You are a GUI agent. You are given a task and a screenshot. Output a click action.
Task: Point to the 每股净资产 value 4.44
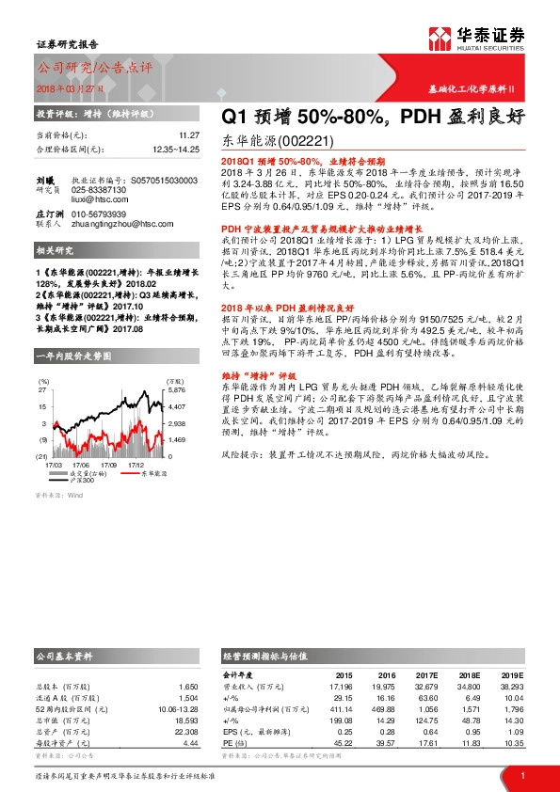[x=189, y=743]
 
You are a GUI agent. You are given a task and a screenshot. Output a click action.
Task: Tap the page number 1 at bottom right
[x=521, y=775]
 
